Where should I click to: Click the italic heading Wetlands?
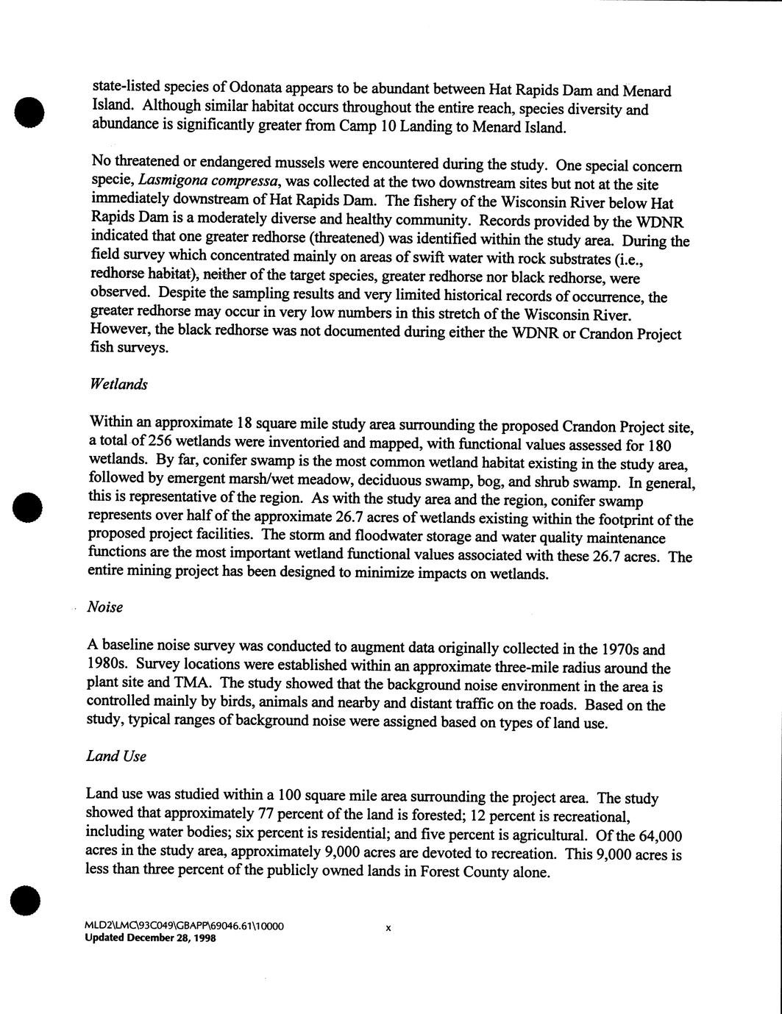click(x=118, y=385)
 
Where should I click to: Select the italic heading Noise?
click(x=104, y=607)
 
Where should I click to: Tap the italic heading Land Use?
click(x=115, y=756)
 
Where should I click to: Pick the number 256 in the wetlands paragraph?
click(x=160, y=440)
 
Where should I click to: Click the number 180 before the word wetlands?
click(x=658, y=446)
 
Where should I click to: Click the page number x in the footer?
click(x=388, y=929)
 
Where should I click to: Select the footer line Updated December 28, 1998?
click(x=150, y=938)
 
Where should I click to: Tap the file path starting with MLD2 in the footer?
click(x=184, y=926)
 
